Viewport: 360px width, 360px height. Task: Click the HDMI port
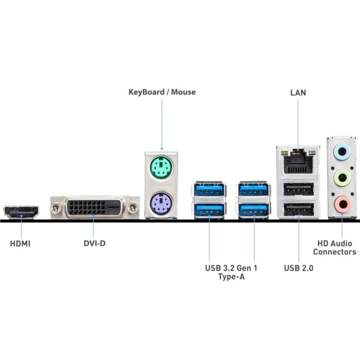[x=21, y=212]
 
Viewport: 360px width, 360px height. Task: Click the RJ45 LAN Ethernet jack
[x=298, y=160]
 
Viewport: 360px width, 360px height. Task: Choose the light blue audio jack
[x=342, y=152]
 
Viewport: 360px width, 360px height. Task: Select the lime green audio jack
[x=342, y=178]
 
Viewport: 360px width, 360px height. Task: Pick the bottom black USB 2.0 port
[x=298, y=211]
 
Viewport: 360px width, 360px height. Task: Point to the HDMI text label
[x=20, y=244]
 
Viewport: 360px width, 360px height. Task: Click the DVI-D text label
[x=94, y=244]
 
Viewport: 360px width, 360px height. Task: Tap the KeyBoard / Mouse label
[x=162, y=92]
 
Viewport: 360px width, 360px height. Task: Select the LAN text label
[x=298, y=92]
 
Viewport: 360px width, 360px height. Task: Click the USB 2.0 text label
[x=299, y=268]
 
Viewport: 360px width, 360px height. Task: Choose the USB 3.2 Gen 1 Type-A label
[x=231, y=272]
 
